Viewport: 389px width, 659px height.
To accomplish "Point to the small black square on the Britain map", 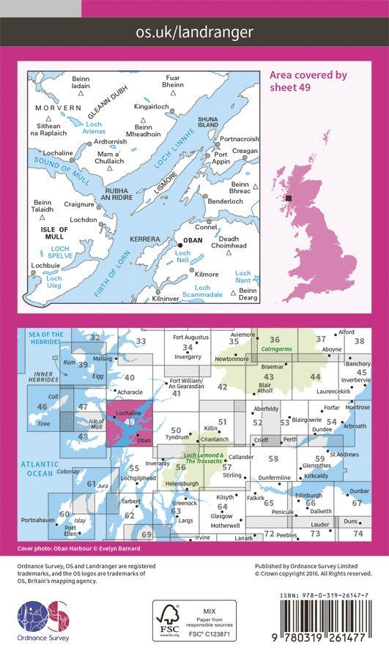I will [x=289, y=198].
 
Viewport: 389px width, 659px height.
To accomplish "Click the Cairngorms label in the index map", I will [x=275, y=350].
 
